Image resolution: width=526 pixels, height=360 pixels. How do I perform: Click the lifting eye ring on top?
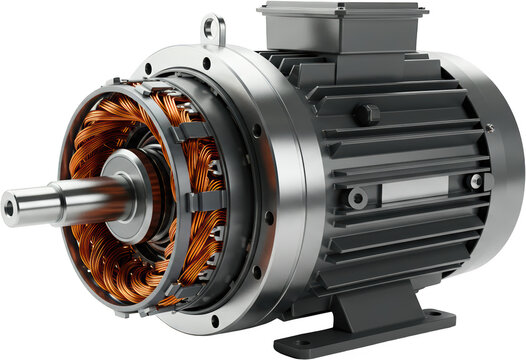(x=212, y=28)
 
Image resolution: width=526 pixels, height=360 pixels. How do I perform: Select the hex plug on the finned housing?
(x=366, y=114)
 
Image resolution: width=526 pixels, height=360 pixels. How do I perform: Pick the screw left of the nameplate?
(x=357, y=198)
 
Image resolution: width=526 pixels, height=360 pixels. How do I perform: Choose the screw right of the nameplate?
(x=477, y=181)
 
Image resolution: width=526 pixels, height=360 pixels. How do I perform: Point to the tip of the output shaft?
(x=10, y=208)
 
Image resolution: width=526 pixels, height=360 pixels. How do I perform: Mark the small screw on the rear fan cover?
(x=491, y=127)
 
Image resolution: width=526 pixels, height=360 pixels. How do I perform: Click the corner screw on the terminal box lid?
(x=269, y=10)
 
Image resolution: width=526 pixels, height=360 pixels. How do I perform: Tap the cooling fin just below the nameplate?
(x=420, y=215)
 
